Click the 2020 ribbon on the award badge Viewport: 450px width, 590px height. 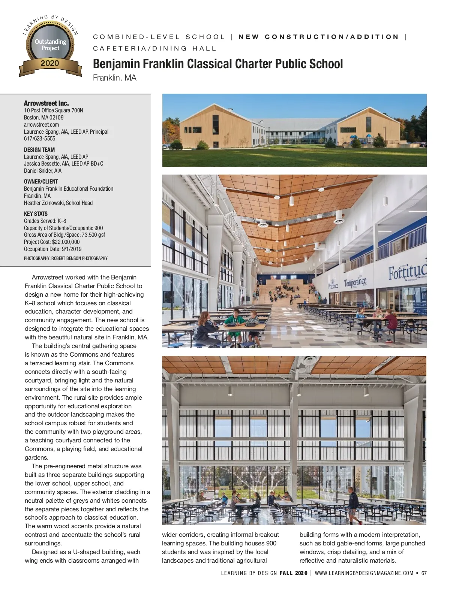coord(50,63)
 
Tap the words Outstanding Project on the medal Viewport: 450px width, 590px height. coord(50,45)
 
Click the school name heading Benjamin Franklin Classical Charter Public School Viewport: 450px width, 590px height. coord(217,64)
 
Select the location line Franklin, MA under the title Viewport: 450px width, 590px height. coord(114,78)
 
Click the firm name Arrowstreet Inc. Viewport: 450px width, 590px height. coord(46,103)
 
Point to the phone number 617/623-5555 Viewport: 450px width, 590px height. coord(39,139)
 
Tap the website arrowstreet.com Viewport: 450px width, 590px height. coord(41,124)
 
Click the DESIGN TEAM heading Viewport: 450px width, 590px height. coord(39,149)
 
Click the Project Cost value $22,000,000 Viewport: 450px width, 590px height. coord(66,242)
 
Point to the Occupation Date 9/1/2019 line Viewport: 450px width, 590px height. coord(52,249)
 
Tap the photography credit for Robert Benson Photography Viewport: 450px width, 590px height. coord(66,258)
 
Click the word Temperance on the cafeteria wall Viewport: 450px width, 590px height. coord(355,282)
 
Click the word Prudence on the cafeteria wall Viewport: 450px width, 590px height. coord(333,285)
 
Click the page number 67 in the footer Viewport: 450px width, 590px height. coord(424,573)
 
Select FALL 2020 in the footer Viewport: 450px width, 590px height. coord(293,573)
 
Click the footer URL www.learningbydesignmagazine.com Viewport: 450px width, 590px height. coord(364,573)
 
